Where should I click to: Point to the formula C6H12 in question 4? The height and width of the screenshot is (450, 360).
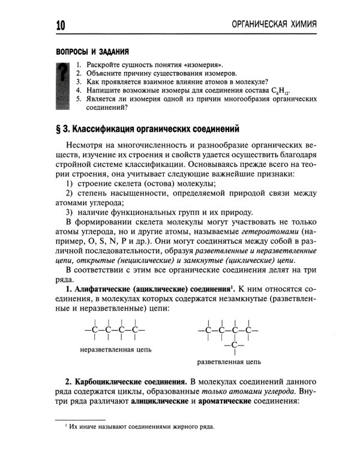coord(280,91)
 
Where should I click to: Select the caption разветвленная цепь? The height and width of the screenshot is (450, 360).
coord(229,362)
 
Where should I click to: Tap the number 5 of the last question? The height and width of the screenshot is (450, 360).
coord(79,100)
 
